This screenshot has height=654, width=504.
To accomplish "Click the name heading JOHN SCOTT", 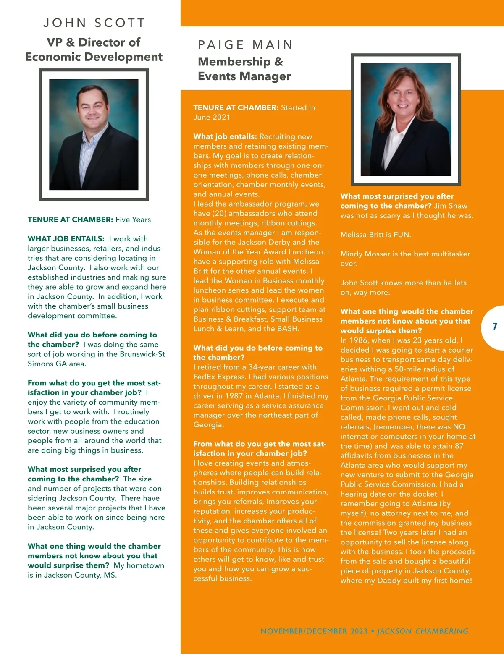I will tap(94, 23).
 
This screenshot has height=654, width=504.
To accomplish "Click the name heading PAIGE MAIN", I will tap(245, 45).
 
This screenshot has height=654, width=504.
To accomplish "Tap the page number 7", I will tap(495, 327).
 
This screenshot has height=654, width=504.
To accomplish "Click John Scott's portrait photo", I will tap(94, 134).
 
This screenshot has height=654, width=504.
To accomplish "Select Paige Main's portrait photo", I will tap(406, 119).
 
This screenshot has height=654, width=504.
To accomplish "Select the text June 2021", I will tap(212, 118).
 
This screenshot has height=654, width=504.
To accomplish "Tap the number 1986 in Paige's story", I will tap(358, 340).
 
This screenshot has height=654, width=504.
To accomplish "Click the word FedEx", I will tap(205, 377).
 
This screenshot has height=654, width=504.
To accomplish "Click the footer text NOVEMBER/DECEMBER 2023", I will tap(314, 631).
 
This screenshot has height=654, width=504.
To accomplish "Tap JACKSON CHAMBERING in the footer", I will tap(423, 631).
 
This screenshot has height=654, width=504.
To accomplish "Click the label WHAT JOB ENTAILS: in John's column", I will tap(66, 239).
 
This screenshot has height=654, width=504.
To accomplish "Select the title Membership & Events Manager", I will tap(244, 69).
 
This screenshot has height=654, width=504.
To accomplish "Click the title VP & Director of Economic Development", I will tap(94, 50).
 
